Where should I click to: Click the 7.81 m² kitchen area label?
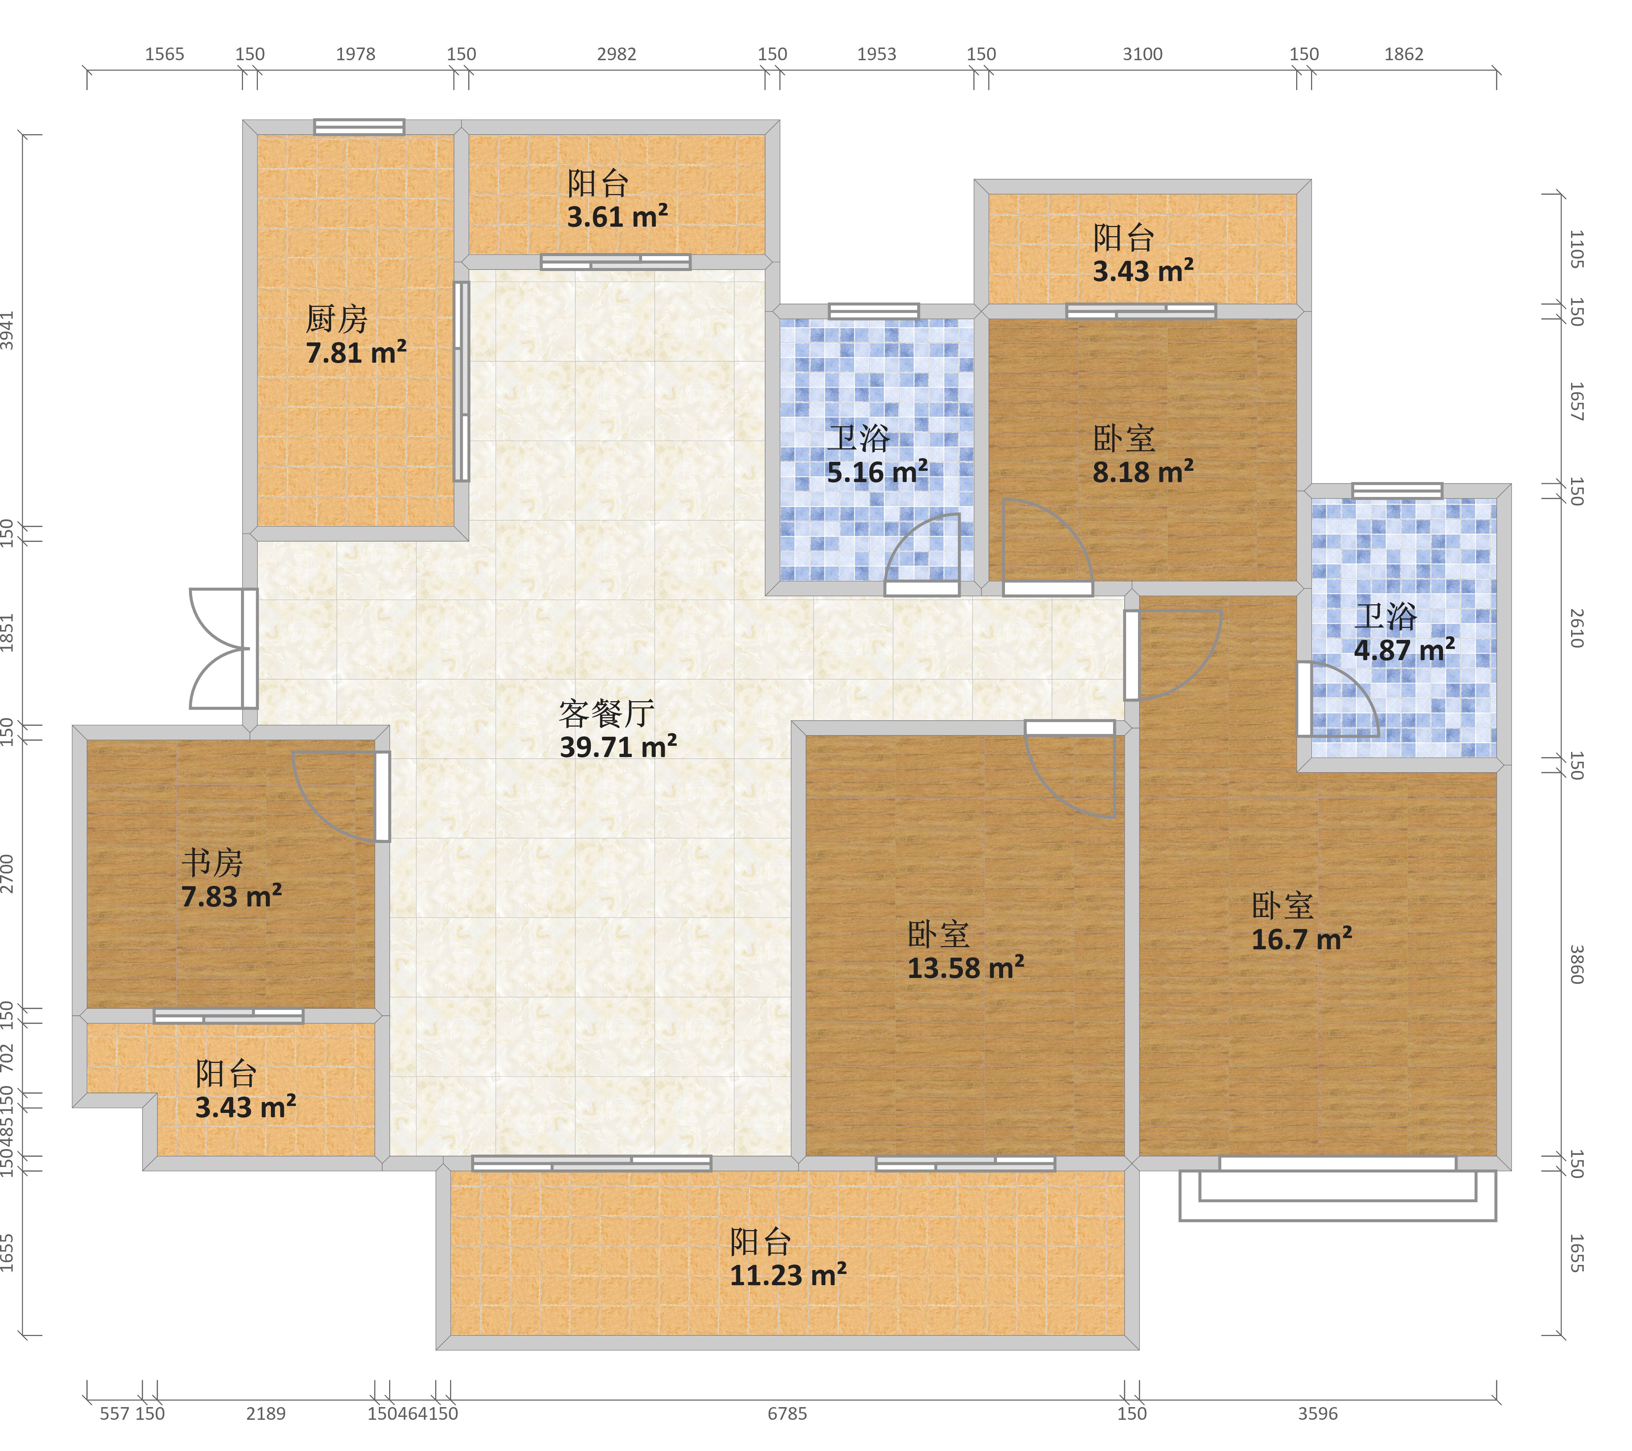point(356,352)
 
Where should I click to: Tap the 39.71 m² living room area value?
point(619,747)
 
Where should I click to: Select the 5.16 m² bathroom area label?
point(878,472)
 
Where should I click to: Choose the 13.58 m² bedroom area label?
point(966,968)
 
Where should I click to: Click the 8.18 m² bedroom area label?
point(1143,472)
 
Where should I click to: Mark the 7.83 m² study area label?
point(231,896)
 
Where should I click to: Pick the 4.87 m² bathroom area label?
point(1405,650)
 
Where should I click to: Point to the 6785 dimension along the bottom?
point(787,1414)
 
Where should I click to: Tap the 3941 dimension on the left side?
point(7,330)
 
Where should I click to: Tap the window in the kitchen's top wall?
point(359,127)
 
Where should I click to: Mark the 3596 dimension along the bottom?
point(1318,1414)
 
